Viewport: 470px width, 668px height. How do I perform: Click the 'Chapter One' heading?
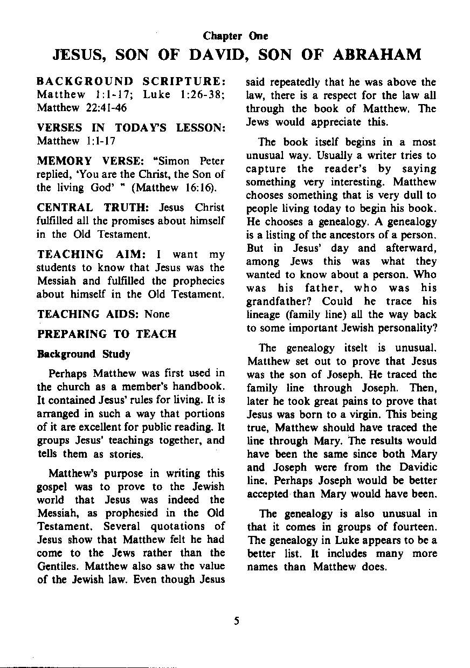pyautogui.click(x=235, y=36)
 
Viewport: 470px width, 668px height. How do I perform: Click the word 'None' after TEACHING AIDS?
pyautogui.click(x=157, y=314)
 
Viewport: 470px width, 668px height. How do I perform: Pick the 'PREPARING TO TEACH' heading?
pyautogui.click(x=106, y=334)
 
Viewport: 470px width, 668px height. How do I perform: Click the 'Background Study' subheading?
pyautogui.click(x=83, y=354)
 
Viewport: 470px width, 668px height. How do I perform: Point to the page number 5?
pyautogui.click(x=236, y=621)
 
